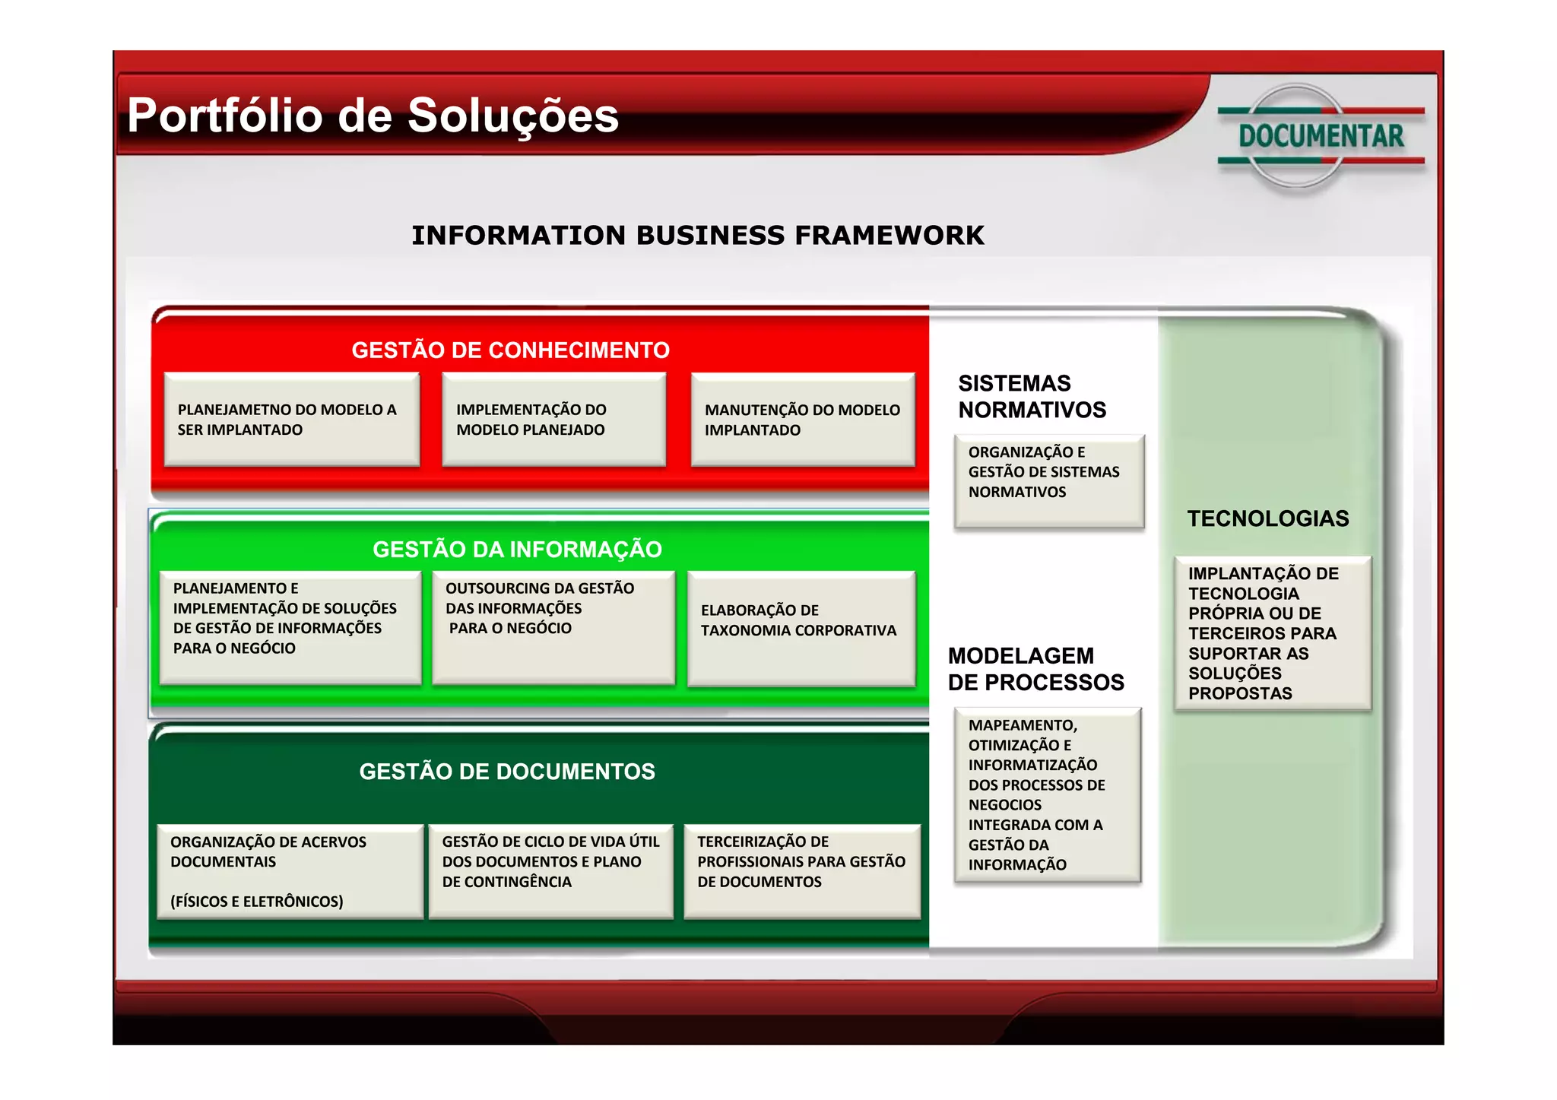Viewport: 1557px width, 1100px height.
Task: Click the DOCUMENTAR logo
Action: point(1321,136)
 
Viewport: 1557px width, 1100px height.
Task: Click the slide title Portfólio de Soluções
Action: point(373,116)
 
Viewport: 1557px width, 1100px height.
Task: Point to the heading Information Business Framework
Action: point(697,236)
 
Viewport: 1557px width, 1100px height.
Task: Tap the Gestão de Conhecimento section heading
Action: point(510,350)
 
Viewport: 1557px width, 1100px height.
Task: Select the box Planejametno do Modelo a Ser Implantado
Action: point(292,419)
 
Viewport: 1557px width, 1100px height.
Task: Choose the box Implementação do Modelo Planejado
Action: point(553,419)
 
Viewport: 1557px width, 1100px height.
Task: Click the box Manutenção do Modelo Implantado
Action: point(802,419)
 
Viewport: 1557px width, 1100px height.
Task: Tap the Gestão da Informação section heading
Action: point(517,549)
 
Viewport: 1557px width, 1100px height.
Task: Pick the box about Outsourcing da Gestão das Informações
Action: point(553,626)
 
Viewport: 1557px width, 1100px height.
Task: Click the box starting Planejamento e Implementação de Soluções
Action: point(290,626)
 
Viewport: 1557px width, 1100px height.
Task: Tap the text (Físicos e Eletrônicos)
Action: point(257,902)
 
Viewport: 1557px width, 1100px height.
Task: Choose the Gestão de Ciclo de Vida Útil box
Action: point(550,870)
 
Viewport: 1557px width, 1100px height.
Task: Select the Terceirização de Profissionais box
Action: point(801,870)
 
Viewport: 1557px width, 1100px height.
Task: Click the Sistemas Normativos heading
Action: point(1032,396)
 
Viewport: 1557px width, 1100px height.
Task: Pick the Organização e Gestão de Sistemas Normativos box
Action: point(1048,480)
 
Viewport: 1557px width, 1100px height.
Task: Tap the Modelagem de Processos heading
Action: point(1035,669)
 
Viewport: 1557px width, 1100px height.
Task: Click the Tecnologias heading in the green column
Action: point(1268,518)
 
